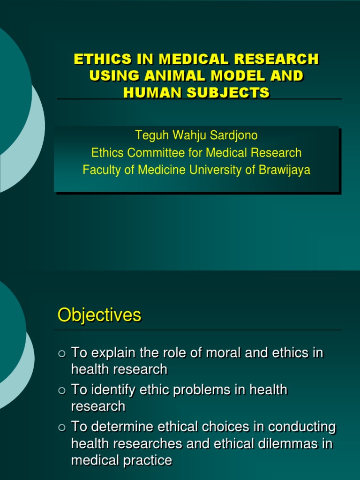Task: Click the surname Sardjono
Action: tap(235, 135)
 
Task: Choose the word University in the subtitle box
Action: tap(214, 170)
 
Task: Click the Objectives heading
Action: tap(99, 315)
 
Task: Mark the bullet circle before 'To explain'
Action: tap(62, 353)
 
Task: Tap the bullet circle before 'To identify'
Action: tap(62, 390)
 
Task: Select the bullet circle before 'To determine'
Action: tap(62, 428)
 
